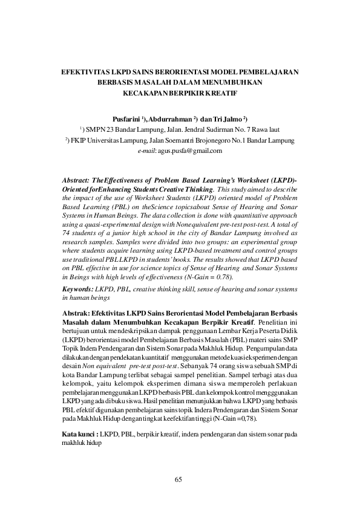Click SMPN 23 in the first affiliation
pos(103,129)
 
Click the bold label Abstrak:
pos(76,315)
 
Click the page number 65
pos(178,480)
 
